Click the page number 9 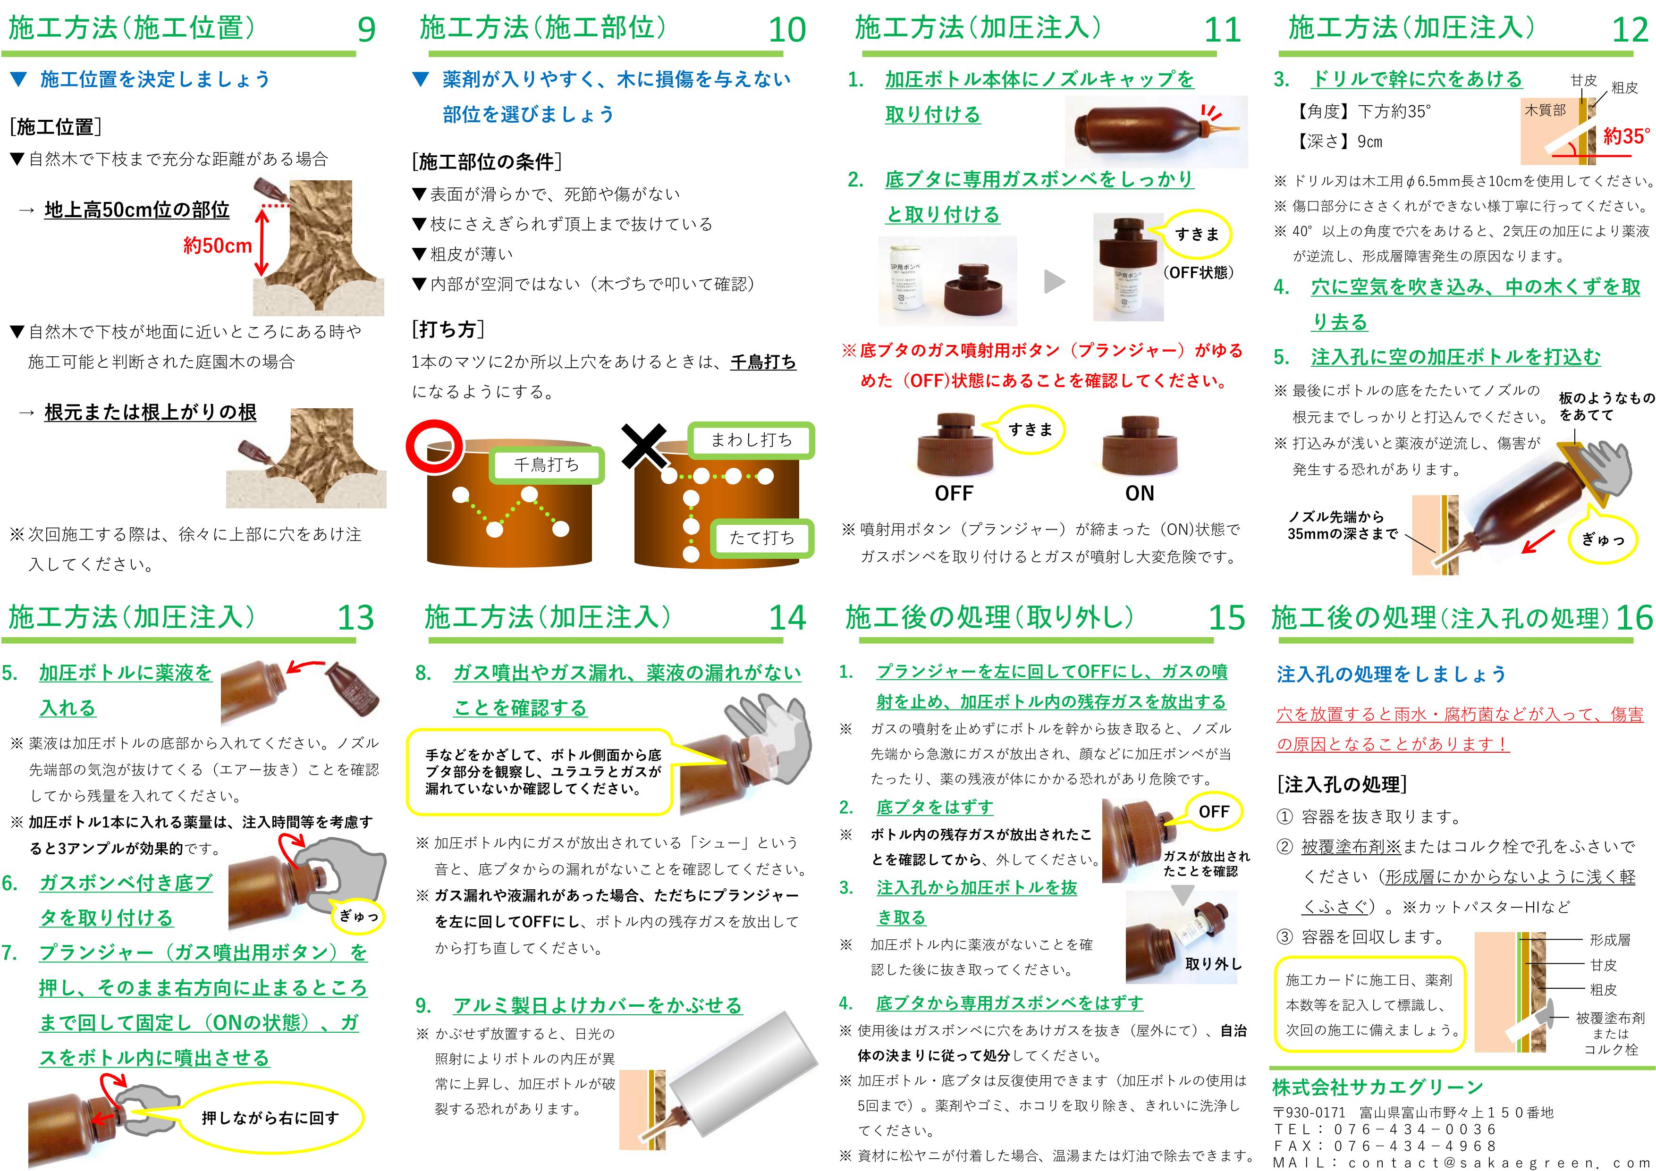click(366, 30)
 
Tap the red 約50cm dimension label click(217, 246)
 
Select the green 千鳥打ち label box click(546, 465)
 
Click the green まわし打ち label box click(752, 440)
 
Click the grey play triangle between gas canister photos click(1055, 282)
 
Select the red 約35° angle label click(1626, 136)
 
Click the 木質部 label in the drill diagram click(1545, 110)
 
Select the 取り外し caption click(1214, 964)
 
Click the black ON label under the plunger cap click(1140, 494)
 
